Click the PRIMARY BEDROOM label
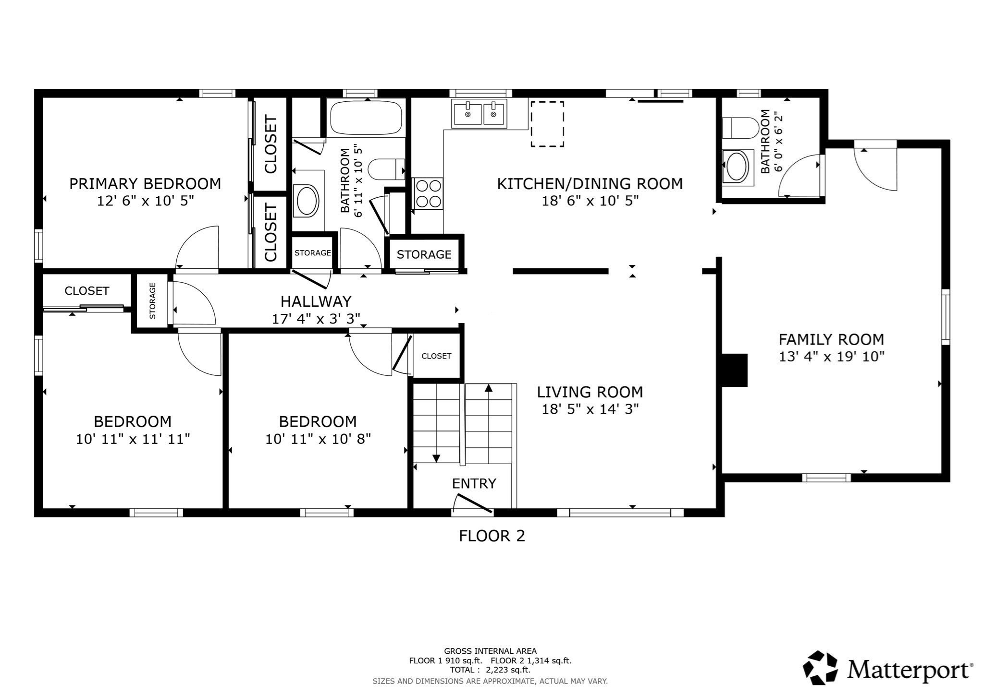[145, 184]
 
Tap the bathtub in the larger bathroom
[366, 118]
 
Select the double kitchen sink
[479, 114]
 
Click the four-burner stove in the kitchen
[428, 193]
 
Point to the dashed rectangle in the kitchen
[547, 124]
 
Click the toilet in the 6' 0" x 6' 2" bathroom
[740, 128]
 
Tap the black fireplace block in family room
[734, 370]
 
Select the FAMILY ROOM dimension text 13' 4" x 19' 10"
[831, 357]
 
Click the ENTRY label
[474, 483]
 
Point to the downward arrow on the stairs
[436, 458]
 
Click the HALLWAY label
[316, 301]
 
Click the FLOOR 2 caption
[492, 536]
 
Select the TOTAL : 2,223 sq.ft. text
[490, 670]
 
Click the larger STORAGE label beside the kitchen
[424, 254]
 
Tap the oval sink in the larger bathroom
[307, 201]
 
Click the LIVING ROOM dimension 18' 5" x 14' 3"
[590, 409]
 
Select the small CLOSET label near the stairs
[436, 356]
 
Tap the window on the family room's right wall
[945, 317]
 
